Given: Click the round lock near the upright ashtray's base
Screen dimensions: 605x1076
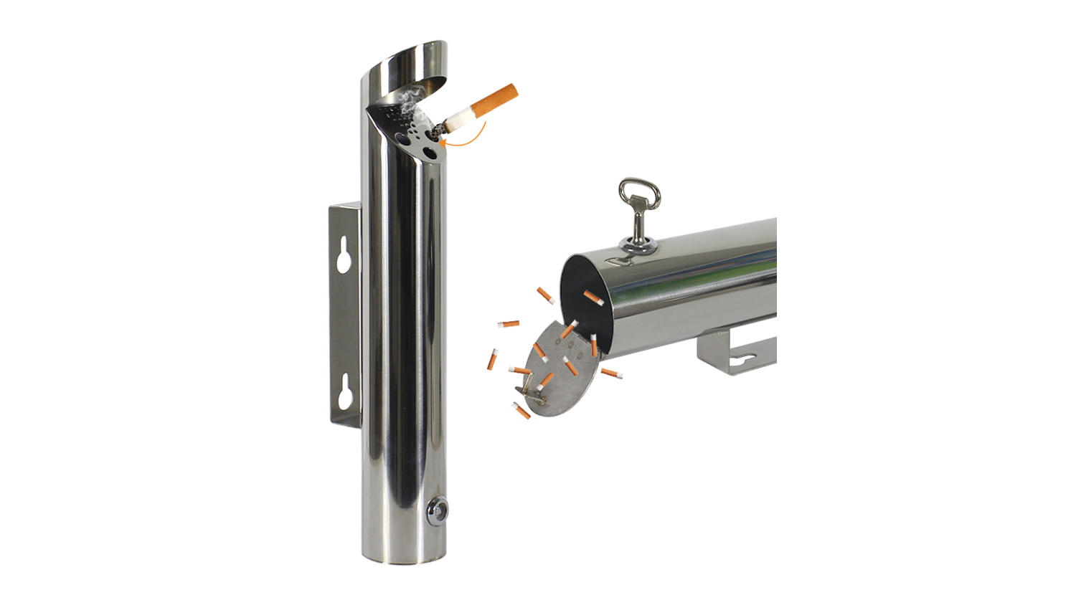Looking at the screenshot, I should (x=437, y=510).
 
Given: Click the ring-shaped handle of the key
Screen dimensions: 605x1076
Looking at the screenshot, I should (x=638, y=195).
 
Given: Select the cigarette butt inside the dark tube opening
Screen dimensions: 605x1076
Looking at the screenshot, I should (x=593, y=297).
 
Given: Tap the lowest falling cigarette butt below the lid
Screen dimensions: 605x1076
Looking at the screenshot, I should (x=522, y=411).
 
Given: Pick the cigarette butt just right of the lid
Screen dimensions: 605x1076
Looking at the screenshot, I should (x=611, y=373).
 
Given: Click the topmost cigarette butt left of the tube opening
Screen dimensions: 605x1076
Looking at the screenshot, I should (x=545, y=295).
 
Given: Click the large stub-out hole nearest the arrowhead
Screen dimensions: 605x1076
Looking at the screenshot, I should (x=430, y=152).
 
